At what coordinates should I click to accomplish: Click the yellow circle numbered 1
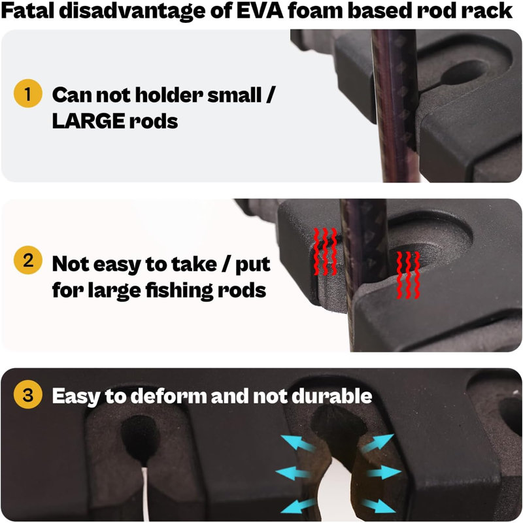click(x=28, y=93)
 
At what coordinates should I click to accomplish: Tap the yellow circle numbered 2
click(x=28, y=260)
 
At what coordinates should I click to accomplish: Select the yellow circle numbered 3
click(x=28, y=395)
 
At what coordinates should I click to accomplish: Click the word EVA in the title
click(x=260, y=10)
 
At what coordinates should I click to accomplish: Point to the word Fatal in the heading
click(x=27, y=10)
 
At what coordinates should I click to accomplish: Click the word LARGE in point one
click(x=88, y=121)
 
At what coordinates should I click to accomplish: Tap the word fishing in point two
click(x=179, y=291)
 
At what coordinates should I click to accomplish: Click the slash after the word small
click(x=270, y=95)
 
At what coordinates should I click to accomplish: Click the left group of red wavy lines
click(x=325, y=252)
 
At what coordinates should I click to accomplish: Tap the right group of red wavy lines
click(x=408, y=275)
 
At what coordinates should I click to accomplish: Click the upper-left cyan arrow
click(x=298, y=444)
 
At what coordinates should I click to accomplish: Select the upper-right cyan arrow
click(x=378, y=443)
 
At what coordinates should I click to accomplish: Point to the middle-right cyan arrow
click(x=384, y=472)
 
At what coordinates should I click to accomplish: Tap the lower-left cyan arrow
click(x=298, y=505)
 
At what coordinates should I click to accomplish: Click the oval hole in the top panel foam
click(x=462, y=73)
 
